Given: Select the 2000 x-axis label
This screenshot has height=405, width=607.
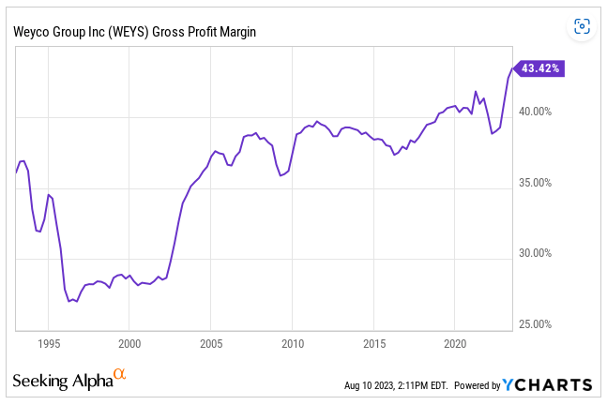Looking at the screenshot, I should (x=129, y=344).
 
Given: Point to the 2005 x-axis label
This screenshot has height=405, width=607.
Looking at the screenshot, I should (x=211, y=344).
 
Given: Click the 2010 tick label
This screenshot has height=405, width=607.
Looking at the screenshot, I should (x=293, y=344).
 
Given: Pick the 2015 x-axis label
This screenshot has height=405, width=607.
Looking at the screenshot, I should (x=373, y=344).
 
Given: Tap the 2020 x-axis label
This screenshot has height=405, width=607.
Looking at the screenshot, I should (x=455, y=344).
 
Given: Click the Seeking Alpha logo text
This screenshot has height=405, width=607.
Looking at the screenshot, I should (x=62, y=382).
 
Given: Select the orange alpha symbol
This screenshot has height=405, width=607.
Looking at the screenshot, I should (x=119, y=375).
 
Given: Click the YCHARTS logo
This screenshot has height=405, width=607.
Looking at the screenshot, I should (x=547, y=384).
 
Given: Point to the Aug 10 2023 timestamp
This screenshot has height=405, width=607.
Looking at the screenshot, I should (x=395, y=385).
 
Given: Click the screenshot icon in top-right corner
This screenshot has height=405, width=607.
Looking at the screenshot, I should (x=582, y=26).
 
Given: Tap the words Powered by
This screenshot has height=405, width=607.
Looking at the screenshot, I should (x=474, y=385).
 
